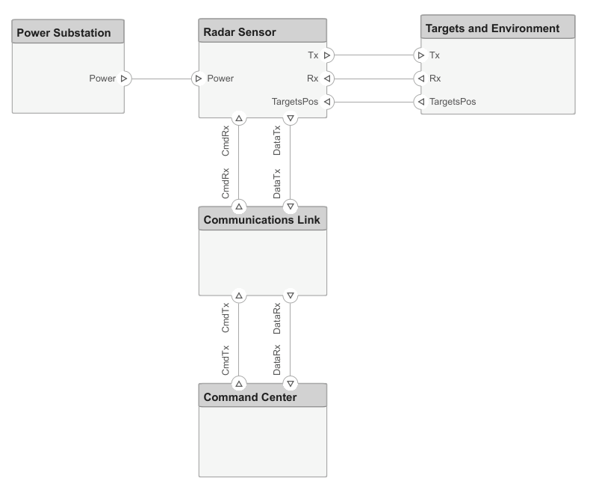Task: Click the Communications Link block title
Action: [262, 220]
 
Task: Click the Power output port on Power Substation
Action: [124, 78]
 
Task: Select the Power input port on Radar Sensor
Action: [199, 78]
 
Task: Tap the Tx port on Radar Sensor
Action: [327, 55]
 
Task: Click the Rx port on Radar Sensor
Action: [327, 78]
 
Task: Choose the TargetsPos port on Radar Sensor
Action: [327, 101]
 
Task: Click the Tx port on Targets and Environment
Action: [420, 55]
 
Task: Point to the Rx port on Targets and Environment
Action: [420, 78]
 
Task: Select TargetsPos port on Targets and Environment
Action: [420, 101]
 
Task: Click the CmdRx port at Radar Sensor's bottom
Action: [239, 117]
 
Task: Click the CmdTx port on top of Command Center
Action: [239, 383]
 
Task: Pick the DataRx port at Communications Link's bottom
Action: [291, 296]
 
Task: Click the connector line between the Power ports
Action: [161, 78]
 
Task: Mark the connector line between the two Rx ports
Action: [373, 78]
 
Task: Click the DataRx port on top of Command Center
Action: [291, 383]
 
